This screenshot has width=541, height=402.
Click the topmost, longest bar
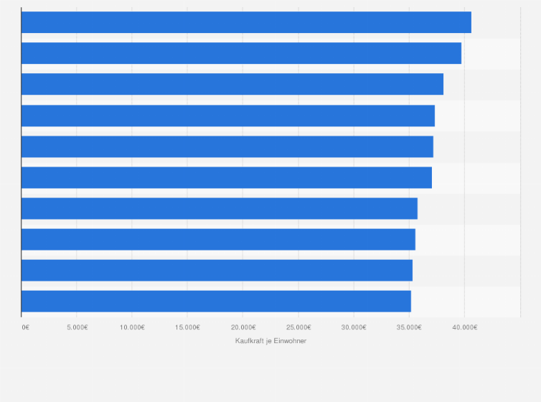[x=246, y=22]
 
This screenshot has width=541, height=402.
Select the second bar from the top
[x=241, y=53]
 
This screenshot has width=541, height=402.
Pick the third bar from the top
[x=232, y=84]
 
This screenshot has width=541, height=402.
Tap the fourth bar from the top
[x=228, y=116]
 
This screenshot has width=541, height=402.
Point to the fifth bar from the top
[x=227, y=146]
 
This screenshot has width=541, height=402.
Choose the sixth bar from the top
[x=227, y=177]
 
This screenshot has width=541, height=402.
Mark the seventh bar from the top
[x=220, y=208]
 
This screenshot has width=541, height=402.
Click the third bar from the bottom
[x=218, y=239]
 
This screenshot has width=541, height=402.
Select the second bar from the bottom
[x=217, y=270]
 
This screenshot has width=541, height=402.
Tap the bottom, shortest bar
[x=216, y=301]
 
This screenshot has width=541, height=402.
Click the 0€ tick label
[x=25, y=327]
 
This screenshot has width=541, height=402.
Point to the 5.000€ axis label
[x=77, y=327]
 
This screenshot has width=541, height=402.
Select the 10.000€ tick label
[x=132, y=327]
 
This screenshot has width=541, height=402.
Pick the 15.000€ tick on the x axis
[x=187, y=327]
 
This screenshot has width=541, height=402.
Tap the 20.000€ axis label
[x=243, y=327]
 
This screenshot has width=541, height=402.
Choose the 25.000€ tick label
[x=298, y=327]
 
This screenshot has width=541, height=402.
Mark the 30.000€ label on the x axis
[x=354, y=327]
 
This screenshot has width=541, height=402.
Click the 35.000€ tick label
[x=409, y=327]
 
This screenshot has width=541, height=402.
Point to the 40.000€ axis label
[x=464, y=327]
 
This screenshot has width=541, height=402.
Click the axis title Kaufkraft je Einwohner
[x=270, y=340]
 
